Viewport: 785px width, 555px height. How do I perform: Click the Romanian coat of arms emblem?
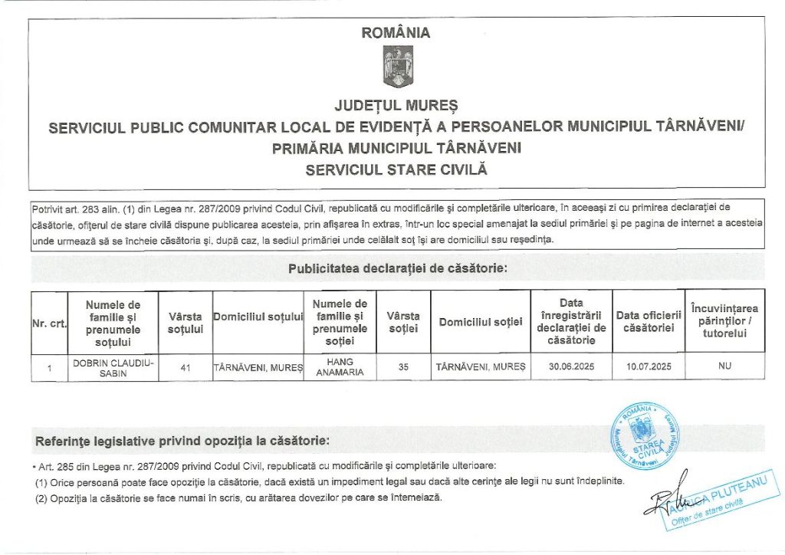[x=397, y=67]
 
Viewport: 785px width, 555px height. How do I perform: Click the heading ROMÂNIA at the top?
[x=396, y=33]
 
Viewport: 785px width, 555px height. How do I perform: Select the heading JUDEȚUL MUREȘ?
[x=396, y=103]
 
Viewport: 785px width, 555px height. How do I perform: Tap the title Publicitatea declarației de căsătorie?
[x=397, y=269]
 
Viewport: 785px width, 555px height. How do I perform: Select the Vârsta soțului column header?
[x=185, y=323]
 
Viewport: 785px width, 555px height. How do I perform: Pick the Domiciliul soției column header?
[x=481, y=323]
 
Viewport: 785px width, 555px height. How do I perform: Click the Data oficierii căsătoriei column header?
[x=649, y=323]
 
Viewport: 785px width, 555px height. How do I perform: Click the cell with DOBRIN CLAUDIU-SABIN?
[x=113, y=367]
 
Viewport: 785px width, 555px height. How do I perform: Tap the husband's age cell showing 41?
[x=185, y=367]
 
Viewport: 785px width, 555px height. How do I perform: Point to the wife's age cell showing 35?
[x=403, y=367]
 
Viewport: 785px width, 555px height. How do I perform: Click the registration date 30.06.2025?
[x=571, y=367]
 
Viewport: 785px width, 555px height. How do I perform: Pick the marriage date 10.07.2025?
[x=649, y=367]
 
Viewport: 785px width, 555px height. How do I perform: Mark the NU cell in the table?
[x=724, y=366]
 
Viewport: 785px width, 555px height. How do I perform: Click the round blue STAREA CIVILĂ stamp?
[x=645, y=438]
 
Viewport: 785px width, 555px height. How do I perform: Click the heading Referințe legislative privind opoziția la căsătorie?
[x=183, y=442]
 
